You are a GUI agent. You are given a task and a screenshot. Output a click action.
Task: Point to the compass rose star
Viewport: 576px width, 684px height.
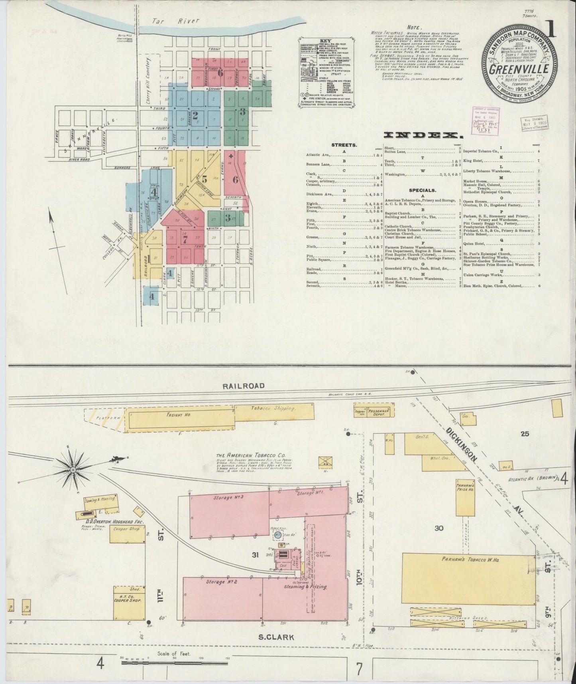click(x=73, y=470)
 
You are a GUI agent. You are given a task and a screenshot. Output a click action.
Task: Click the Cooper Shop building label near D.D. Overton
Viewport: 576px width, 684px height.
click(x=127, y=529)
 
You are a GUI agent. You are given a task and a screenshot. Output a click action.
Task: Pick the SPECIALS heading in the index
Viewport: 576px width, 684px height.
click(x=422, y=190)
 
